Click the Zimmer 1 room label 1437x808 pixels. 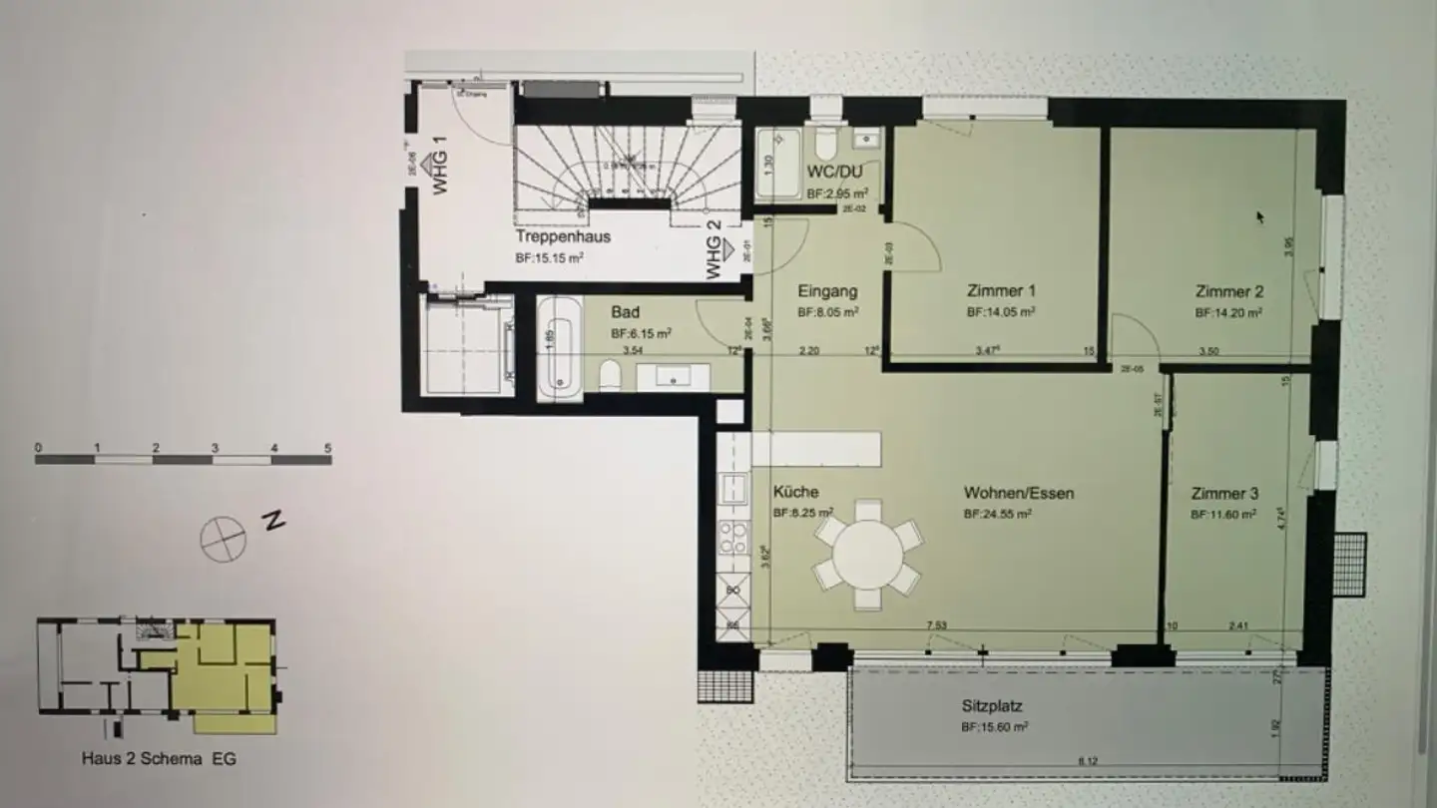[1001, 291]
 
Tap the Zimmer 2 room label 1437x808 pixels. [1229, 292]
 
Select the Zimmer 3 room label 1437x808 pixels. [1224, 494]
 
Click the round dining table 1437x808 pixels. [868, 554]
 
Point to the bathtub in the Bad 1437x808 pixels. [559, 349]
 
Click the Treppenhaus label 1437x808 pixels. [563, 237]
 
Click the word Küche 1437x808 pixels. [795, 492]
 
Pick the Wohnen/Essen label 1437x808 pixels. [1018, 493]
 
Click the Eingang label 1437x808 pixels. [827, 292]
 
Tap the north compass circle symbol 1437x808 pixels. [223, 539]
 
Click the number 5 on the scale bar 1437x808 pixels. [327, 448]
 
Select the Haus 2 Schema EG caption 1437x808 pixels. [159, 758]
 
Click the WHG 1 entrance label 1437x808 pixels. [437, 171]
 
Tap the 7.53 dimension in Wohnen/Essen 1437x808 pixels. [936, 625]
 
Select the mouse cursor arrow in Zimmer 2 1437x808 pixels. [1259, 215]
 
